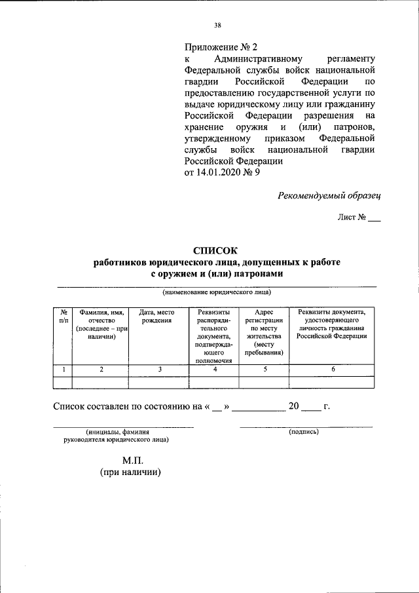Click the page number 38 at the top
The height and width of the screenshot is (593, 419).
[x=217, y=26]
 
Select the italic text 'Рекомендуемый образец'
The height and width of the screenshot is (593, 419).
[x=329, y=195]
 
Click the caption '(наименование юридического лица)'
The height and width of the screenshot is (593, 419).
[x=217, y=292]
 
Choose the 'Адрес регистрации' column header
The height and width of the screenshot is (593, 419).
[x=264, y=332]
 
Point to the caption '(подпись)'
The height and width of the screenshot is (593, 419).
[x=303, y=432]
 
